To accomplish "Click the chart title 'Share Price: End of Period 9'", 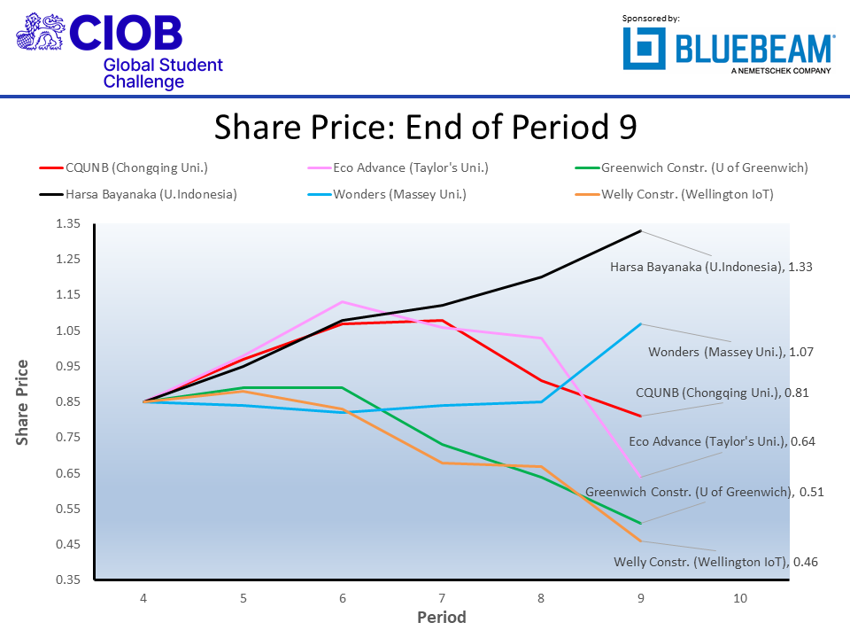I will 425,127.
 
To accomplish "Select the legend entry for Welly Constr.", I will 687,194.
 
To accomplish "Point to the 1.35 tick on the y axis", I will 68,224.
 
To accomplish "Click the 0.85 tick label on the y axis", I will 68,401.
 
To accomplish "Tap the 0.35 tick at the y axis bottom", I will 68,580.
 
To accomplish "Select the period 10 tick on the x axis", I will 740,598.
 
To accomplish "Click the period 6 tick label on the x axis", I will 342,598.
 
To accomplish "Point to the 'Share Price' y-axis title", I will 23,401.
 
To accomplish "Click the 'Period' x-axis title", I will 441,617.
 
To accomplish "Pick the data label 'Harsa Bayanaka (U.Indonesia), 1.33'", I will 711,266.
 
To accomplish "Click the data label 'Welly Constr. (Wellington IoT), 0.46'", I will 715,561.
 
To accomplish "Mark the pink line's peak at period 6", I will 342,302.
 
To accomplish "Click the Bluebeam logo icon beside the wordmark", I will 645,48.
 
